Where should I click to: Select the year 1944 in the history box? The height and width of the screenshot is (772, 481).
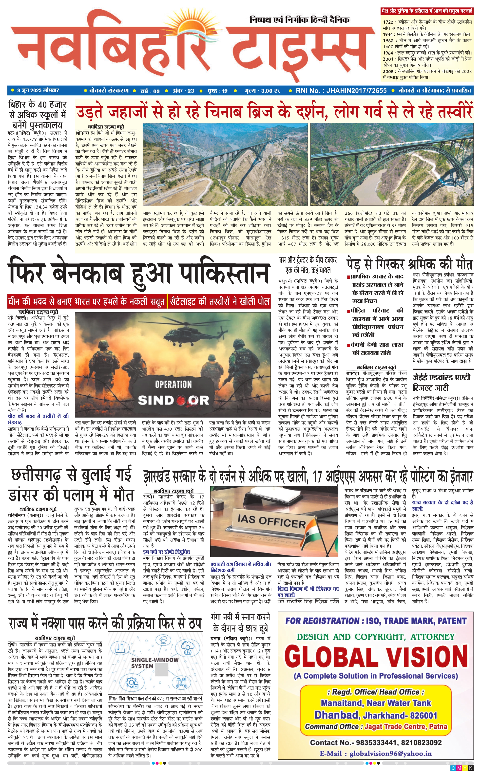388,34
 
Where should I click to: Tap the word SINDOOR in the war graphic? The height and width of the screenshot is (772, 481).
173,400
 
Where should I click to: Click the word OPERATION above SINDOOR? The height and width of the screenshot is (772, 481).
173,385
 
